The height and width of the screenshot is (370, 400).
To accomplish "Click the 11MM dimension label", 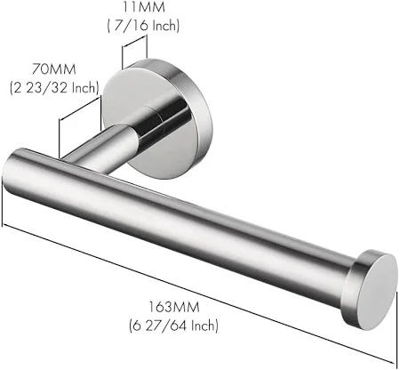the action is tap(143, 7).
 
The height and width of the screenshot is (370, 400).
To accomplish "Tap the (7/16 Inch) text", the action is tap(143, 26).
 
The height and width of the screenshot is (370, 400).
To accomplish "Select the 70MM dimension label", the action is tap(54, 69).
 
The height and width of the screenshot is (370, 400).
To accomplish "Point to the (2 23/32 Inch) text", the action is tap(54, 88).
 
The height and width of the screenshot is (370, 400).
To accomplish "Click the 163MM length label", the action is tap(174, 307).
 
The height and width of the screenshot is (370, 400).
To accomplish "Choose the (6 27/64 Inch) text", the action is tap(174, 326).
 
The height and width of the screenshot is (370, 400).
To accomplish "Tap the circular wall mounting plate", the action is tap(154, 118).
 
